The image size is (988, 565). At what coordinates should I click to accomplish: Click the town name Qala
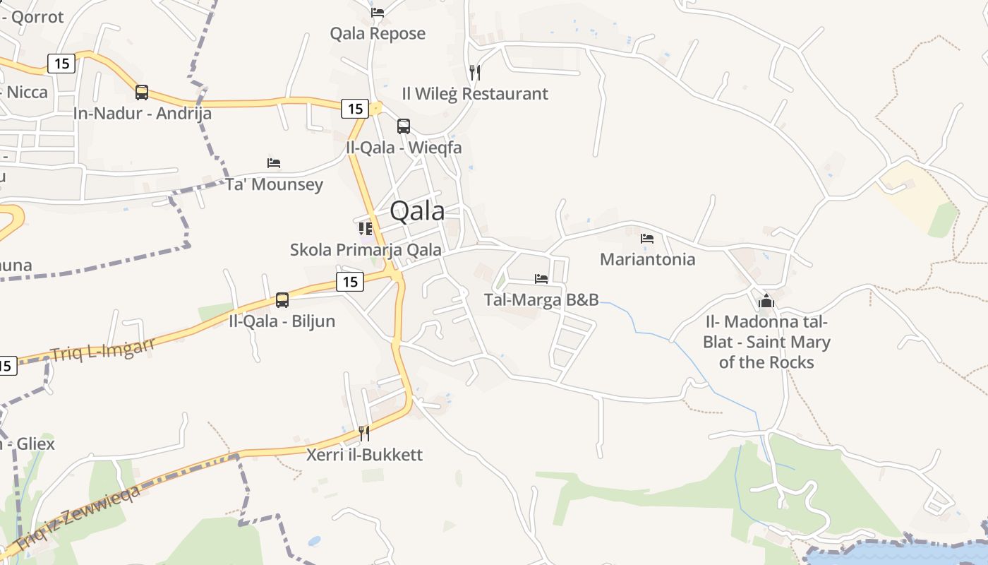417,211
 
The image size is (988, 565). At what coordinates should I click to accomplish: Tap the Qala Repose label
378,33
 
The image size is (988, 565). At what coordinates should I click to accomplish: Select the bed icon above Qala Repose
378,12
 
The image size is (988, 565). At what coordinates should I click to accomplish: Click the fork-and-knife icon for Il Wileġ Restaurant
475,72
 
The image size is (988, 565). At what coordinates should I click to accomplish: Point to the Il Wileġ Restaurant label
475,93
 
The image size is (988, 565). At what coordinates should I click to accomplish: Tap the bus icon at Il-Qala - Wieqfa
404,126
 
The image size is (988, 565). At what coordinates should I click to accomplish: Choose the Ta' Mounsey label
274,184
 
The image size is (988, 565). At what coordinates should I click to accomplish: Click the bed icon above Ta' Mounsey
274,163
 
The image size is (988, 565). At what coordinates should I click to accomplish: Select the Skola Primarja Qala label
366,249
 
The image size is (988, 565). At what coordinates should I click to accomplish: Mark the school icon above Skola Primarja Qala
366,228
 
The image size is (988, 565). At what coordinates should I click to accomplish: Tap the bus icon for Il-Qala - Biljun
282,300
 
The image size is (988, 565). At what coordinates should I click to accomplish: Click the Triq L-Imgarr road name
102,350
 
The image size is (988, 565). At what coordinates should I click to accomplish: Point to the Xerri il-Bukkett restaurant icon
364,433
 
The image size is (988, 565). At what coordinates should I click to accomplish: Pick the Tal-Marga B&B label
541,299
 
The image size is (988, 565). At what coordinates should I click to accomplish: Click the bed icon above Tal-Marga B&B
541,279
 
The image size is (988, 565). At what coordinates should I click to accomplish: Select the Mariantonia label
647,259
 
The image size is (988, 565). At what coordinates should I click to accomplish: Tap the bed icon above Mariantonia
647,238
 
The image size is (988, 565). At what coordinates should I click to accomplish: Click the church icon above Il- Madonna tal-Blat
766,302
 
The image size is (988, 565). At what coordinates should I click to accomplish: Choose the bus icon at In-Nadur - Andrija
142,93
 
